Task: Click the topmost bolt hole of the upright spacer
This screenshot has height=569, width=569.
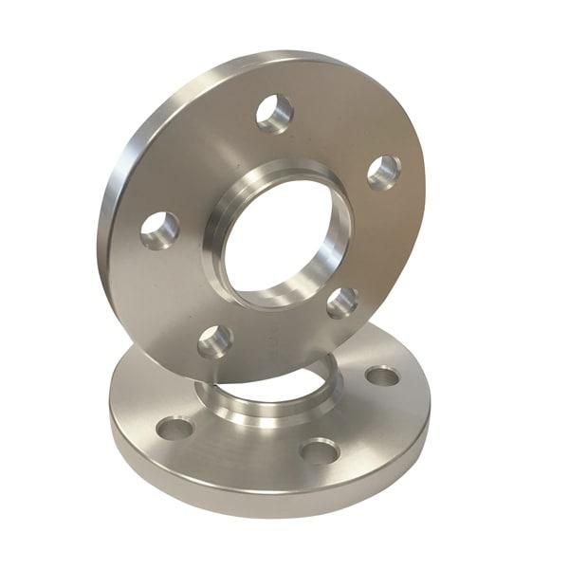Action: pos(274,113)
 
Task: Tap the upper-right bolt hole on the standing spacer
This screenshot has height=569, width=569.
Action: pos(383,172)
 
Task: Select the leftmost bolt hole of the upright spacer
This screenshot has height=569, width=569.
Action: pos(159,230)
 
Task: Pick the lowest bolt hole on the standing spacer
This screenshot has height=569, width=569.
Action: pos(215,340)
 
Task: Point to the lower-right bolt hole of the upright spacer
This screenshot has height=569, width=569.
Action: pos(342,303)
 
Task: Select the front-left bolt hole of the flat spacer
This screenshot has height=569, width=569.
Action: pos(175,429)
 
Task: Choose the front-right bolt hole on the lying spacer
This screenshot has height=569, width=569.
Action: pos(320,450)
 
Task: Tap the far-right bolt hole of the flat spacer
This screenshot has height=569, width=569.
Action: pos(382,376)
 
